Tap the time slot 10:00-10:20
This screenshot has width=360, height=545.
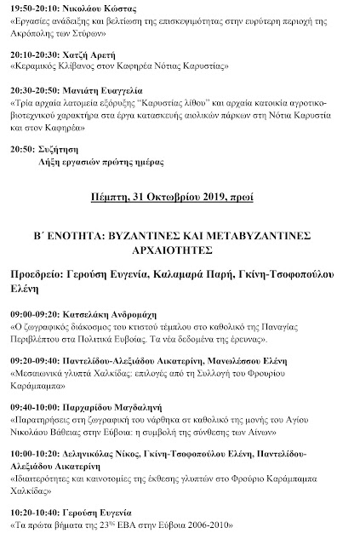(37, 449)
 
